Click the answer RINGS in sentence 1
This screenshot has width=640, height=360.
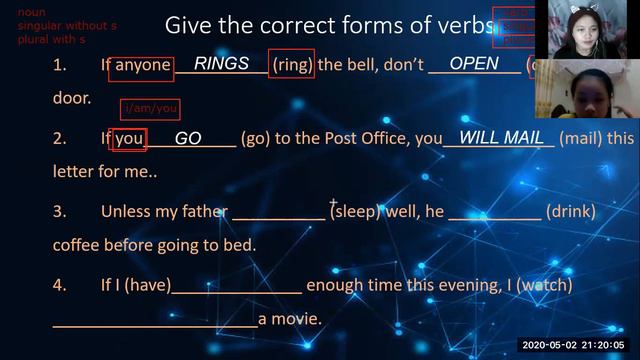[221, 64]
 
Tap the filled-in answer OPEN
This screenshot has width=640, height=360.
[474, 64]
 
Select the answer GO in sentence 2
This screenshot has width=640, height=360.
[188, 139]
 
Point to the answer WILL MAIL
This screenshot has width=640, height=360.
[501, 138]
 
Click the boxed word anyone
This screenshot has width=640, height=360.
[143, 66]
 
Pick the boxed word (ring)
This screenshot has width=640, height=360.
[292, 66]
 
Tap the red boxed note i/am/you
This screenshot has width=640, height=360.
[149, 108]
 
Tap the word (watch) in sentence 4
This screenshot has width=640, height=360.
[545, 285]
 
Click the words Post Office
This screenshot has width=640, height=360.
[352, 139]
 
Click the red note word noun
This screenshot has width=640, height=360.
[32, 12]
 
